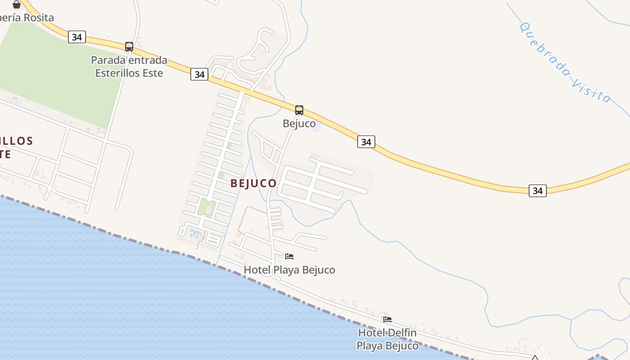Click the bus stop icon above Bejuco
(299, 110)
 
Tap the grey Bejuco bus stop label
(299, 123)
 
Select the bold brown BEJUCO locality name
(253, 183)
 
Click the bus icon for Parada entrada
(129, 46)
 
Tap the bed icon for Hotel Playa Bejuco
(289, 256)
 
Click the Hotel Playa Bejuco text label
(289, 270)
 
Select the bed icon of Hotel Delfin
(387, 319)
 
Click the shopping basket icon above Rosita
(17, 4)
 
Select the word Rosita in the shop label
(38, 18)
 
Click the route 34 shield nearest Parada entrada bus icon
(77, 37)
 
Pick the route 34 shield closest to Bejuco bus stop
(366, 142)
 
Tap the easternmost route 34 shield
(537, 190)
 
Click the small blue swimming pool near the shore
(196, 234)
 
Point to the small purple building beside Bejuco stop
(316, 126)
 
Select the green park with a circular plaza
(206, 208)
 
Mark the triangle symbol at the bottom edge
(535, 358)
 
